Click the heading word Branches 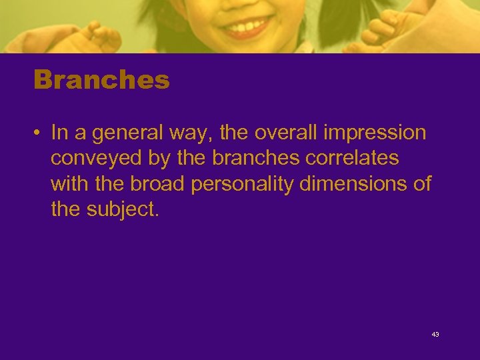coord(101,81)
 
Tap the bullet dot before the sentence coord(38,133)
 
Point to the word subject coord(124,209)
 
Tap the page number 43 coord(435,334)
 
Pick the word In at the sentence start coord(59,133)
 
